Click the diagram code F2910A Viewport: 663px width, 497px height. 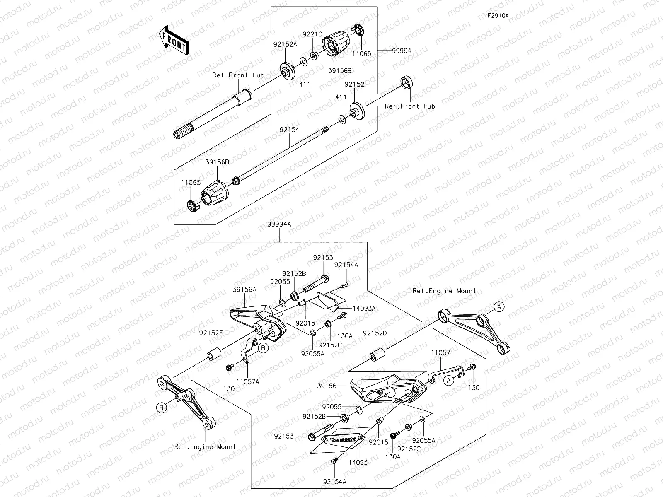tap(498, 16)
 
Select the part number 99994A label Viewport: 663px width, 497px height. tap(279, 224)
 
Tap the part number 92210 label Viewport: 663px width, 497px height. tap(312, 35)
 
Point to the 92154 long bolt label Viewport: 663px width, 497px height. tap(289, 130)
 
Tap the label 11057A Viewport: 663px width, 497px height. tap(248, 382)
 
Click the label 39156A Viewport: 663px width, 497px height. tap(244, 290)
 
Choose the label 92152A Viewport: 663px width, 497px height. tap(285, 44)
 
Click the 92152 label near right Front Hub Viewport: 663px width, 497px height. tap(354, 84)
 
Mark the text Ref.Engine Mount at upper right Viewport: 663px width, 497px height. tap(444, 291)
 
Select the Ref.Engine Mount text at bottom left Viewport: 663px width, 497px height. tap(205, 446)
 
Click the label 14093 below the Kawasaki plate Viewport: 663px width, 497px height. tap(358, 462)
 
